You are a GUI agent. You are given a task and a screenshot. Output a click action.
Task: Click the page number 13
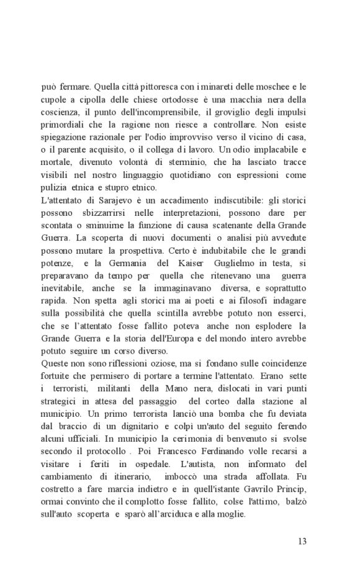click(302, 541)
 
